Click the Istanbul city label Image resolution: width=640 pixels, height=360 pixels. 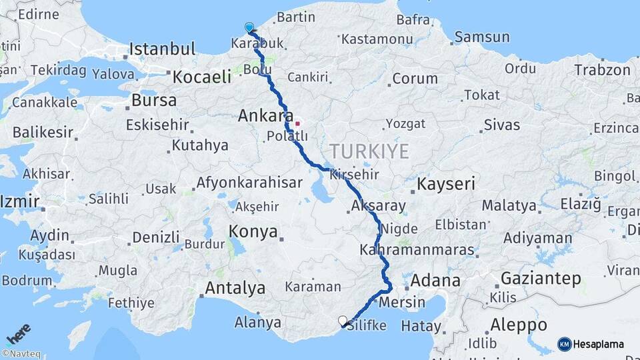(162, 49)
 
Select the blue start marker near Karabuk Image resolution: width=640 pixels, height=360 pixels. (249, 27)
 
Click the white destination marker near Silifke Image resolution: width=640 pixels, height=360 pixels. (343, 321)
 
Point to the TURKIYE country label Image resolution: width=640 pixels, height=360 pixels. (369, 151)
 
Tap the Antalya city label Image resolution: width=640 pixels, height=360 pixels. (235, 289)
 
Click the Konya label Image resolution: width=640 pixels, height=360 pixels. (253, 231)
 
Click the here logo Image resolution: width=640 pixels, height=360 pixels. (18, 333)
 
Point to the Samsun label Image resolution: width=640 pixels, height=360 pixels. (482, 37)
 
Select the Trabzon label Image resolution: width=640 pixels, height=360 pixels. (602, 69)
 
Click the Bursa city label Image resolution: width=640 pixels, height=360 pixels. (154, 101)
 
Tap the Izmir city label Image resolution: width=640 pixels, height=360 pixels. (20, 201)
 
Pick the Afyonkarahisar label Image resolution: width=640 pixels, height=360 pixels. (249, 183)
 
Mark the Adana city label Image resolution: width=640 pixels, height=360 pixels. (435, 280)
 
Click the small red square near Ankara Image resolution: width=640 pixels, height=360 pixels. (297, 123)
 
